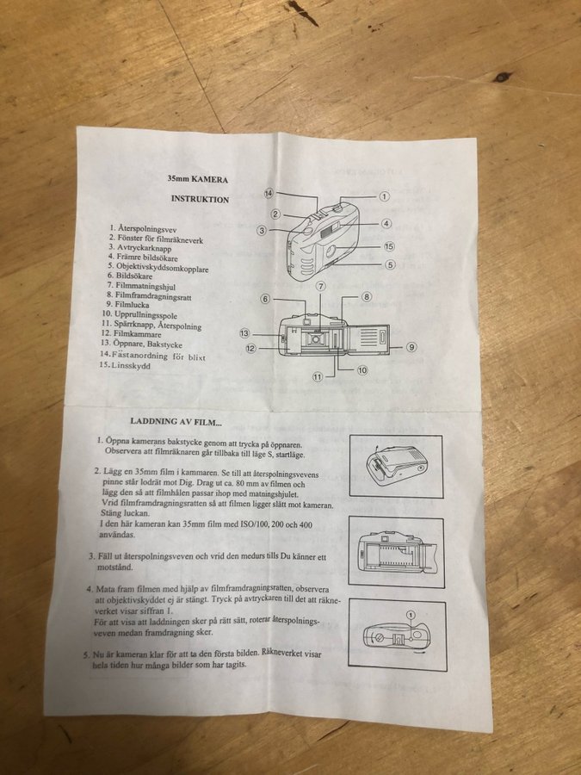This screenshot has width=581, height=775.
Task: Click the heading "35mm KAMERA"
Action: click(198, 179)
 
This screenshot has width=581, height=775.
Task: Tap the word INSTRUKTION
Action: click(200, 199)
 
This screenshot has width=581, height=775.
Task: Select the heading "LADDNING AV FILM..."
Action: click(176, 422)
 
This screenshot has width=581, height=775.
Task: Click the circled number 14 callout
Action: click(269, 193)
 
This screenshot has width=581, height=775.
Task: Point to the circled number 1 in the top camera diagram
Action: click(384, 196)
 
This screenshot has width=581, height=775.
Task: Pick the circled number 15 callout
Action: click(389, 246)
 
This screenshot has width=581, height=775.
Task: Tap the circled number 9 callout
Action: click(411, 347)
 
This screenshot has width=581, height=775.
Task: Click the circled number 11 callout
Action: click(318, 377)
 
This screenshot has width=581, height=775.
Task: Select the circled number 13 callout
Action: click(244, 333)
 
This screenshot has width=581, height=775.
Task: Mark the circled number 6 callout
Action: click(265, 299)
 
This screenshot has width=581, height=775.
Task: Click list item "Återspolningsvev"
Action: click(147, 229)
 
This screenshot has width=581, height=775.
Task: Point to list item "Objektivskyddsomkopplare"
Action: click(163, 268)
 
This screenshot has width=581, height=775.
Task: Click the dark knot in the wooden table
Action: click(502, 77)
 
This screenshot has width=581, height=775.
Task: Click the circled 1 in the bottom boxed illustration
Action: click(411, 615)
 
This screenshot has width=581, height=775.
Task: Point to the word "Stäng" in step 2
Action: click(111, 513)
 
